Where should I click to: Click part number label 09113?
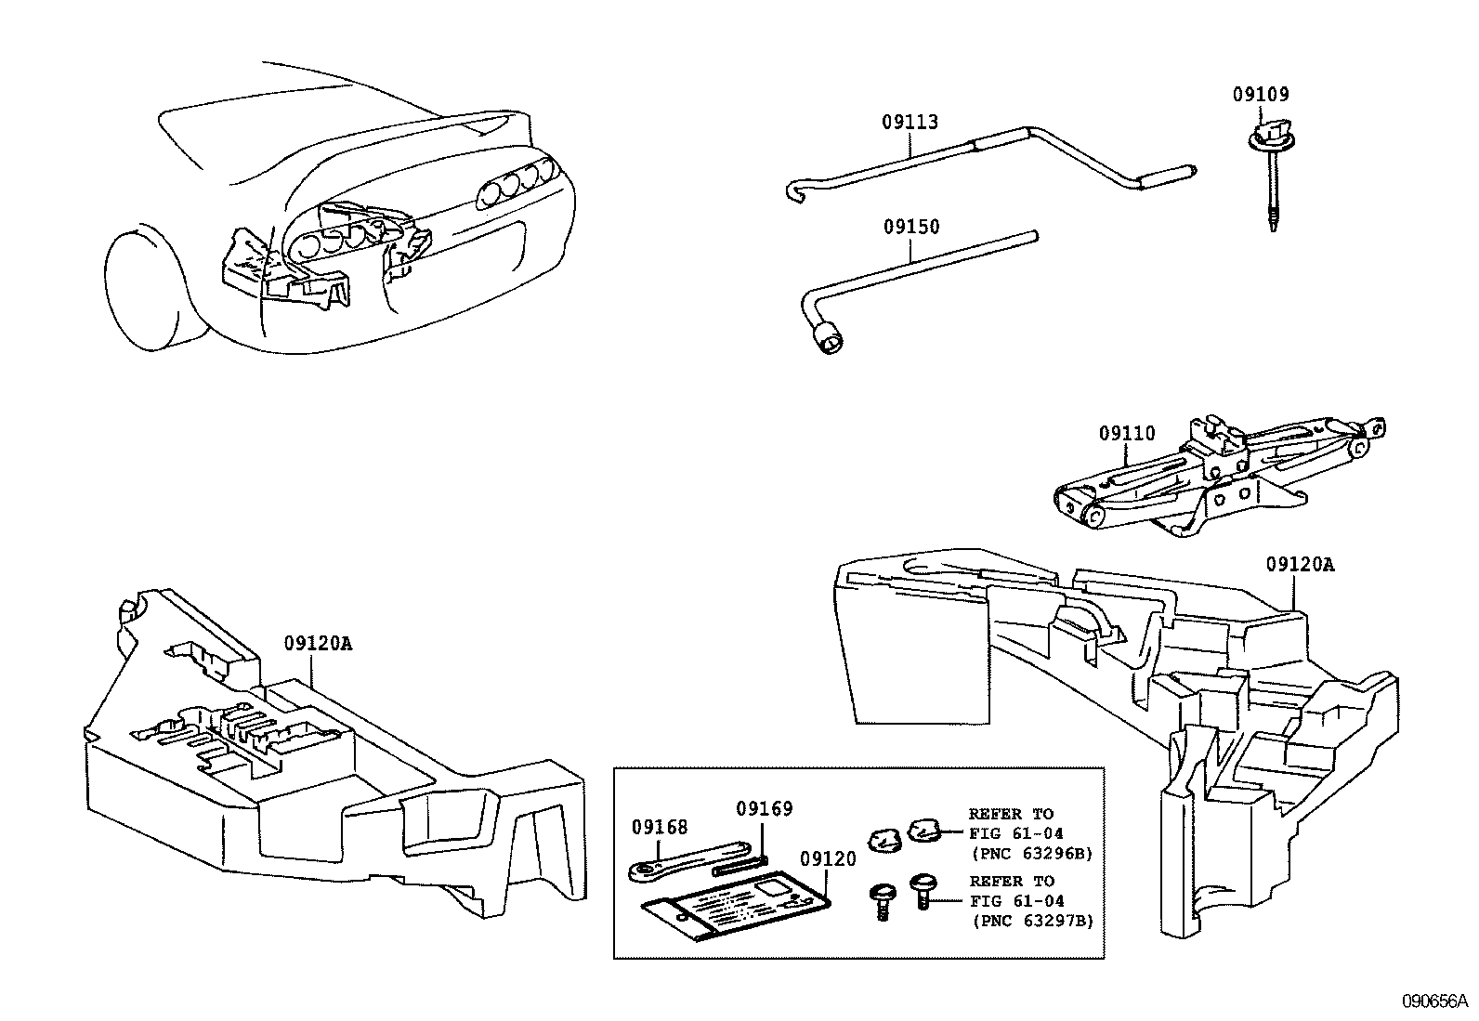[x=910, y=123]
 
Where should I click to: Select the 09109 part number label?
[x=1261, y=94]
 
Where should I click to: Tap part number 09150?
[x=910, y=228]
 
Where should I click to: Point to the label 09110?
[x=1126, y=434]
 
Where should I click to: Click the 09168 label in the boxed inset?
[x=659, y=827]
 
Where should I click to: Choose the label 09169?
[x=764, y=808]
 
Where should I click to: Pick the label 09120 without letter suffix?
[x=827, y=859]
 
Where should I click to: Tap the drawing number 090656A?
[x=1433, y=1001]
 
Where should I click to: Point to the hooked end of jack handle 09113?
[x=794, y=191]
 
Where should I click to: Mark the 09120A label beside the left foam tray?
[x=318, y=644]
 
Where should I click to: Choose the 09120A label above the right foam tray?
[x=1300, y=565]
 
